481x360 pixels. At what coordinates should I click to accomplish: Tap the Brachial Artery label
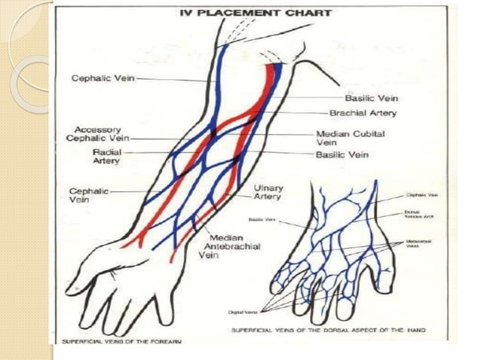363,113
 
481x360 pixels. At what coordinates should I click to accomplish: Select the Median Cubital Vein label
350,137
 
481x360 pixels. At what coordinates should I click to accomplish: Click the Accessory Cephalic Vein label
97,134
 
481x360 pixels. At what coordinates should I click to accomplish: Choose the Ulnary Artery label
268,192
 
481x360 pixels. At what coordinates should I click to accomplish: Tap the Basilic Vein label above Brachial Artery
371,98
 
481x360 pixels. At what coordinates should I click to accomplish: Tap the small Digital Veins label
239,311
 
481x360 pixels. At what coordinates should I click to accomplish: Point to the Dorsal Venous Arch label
418,215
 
